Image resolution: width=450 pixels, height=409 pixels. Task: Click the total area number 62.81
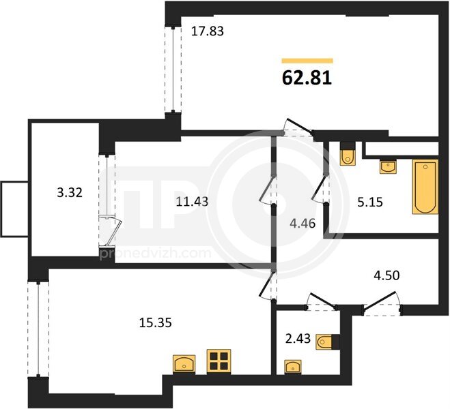(x=307, y=78)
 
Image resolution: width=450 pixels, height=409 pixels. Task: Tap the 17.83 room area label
(x=207, y=31)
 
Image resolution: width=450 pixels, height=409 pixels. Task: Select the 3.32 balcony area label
(x=70, y=192)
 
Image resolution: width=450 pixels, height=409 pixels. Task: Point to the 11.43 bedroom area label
(x=192, y=202)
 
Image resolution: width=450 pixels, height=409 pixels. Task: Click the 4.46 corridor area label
(x=303, y=224)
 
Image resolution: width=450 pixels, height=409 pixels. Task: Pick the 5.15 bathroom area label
(x=370, y=202)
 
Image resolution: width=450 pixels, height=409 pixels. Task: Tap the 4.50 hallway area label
(x=386, y=275)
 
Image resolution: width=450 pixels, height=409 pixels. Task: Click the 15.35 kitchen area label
(x=156, y=323)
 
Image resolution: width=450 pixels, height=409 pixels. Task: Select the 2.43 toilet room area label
(x=298, y=339)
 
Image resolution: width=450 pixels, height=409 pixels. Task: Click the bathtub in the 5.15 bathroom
(x=425, y=187)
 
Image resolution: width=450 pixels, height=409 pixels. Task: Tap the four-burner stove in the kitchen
(x=219, y=361)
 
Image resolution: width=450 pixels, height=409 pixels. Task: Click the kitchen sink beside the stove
(x=184, y=364)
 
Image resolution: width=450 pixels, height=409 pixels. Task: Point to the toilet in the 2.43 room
(x=327, y=342)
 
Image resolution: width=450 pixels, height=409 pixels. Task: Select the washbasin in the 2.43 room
(x=293, y=367)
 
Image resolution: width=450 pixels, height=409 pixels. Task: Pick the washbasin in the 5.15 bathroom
(x=388, y=167)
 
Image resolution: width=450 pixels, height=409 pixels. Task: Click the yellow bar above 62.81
(x=307, y=61)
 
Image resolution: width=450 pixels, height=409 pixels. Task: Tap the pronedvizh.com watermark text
(x=155, y=253)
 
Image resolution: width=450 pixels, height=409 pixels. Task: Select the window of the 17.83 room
(x=173, y=70)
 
